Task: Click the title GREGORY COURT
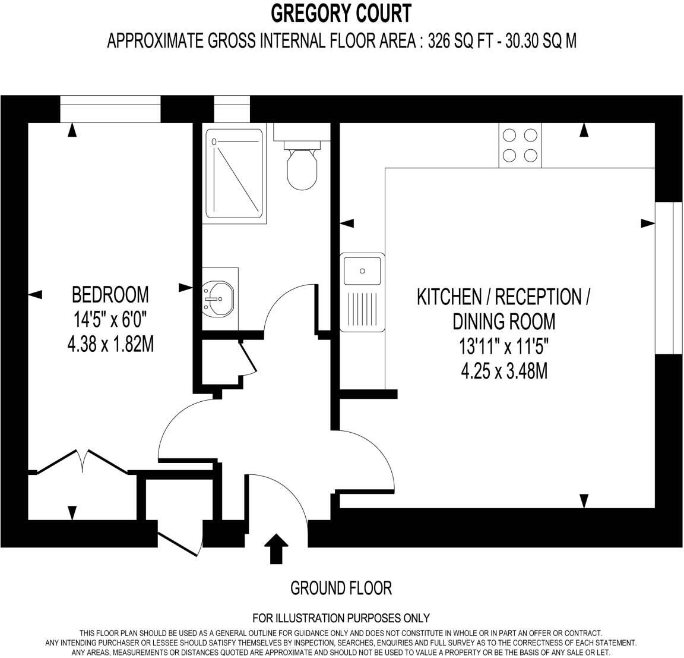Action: click(341, 12)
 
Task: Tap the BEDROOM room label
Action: click(110, 294)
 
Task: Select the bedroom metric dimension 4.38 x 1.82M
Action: click(110, 344)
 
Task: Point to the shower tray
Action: click(233, 173)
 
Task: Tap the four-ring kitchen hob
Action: click(520, 146)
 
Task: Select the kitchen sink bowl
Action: click(362, 270)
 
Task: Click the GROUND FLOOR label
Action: click(341, 588)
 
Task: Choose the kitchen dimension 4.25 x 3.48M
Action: click(503, 371)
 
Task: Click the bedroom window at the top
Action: click(110, 109)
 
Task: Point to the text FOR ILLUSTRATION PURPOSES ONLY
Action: click(341, 618)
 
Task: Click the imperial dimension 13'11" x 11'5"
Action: click(503, 347)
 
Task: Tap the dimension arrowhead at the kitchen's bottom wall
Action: click(584, 501)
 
